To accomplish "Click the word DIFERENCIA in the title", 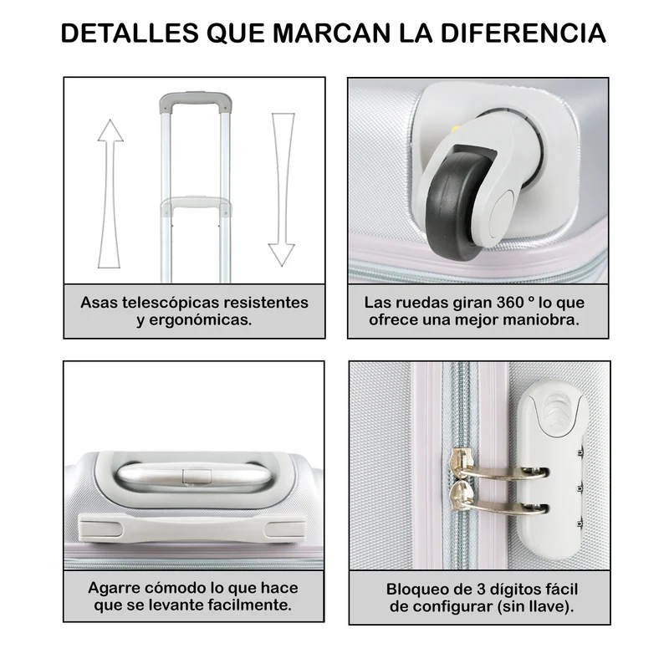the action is click(x=523, y=33).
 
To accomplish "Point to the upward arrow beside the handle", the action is click(x=110, y=194).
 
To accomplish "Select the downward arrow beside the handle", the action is click(x=282, y=190).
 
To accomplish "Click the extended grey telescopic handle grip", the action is click(x=196, y=101).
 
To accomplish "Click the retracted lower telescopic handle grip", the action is click(x=197, y=204).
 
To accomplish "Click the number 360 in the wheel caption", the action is click(x=510, y=303).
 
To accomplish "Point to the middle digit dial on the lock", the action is click(x=580, y=487).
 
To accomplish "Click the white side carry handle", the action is click(x=193, y=529).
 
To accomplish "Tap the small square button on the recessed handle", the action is click(x=197, y=476).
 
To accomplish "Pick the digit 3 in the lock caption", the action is click(x=482, y=590).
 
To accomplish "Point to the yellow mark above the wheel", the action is click(x=455, y=129).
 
